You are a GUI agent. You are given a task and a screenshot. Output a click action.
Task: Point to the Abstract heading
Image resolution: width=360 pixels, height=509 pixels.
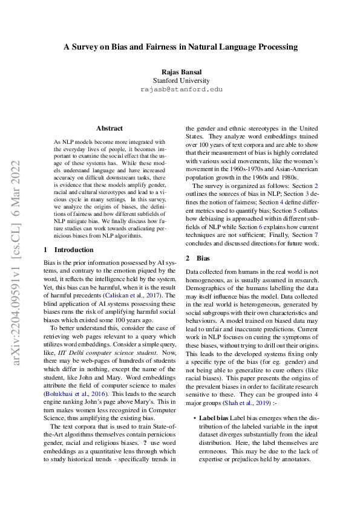click(x=110, y=128)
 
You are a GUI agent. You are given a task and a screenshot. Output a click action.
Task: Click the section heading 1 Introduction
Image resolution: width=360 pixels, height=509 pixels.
click(x=68, y=249)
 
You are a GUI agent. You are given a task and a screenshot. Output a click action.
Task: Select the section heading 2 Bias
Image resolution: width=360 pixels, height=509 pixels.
click(x=197, y=258)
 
